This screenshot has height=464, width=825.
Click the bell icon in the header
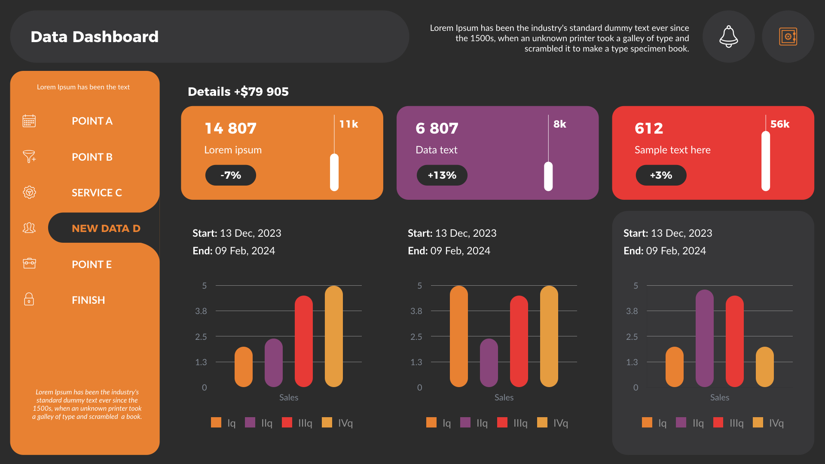click(x=728, y=37)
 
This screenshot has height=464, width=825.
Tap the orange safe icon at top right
click(x=788, y=37)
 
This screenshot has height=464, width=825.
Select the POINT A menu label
click(x=92, y=121)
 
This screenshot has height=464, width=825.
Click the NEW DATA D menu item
click(x=106, y=228)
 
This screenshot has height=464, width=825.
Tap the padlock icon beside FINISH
click(x=29, y=299)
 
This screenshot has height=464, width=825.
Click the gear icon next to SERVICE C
click(x=29, y=192)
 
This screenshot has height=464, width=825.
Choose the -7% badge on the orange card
click(x=231, y=175)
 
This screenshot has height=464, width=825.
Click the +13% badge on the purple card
click(x=442, y=175)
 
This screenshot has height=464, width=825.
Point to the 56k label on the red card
click(x=779, y=124)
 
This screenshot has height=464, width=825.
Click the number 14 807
click(x=230, y=128)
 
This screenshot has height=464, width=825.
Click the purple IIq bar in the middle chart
click(x=489, y=363)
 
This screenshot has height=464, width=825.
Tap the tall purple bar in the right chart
click(x=704, y=338)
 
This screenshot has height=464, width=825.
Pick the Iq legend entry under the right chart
click(x=654, y=423)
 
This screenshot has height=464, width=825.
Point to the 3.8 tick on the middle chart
click(x=416, y=311)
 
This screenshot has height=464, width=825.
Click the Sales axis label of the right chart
click(x=719, y=397)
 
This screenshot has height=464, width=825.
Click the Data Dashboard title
click(x=95, y=37)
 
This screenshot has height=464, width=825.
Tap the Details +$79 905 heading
click(x=238, y=92)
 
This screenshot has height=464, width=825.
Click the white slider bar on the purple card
click(x=548, y=176)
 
